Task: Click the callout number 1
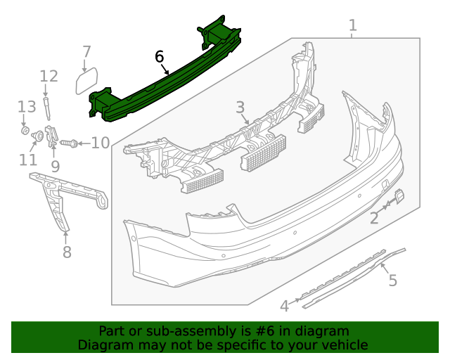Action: tap(352, 26)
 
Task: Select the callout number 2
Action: tap(374, 218)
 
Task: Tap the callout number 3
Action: tap(240, 108)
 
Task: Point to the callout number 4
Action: tap(284, 306)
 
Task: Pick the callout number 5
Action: tap(392, 281)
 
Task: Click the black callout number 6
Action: tap(159, 56)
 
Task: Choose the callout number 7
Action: tap(86, 51)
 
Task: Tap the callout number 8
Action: tap(67, 251)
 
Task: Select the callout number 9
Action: tap(55, 167)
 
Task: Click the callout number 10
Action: tap(100, 143)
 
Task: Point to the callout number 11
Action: tap(28, 160)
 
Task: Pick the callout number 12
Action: tap(49, 76)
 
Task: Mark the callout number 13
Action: tap(27, 107)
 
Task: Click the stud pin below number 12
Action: tap(48, 109)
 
